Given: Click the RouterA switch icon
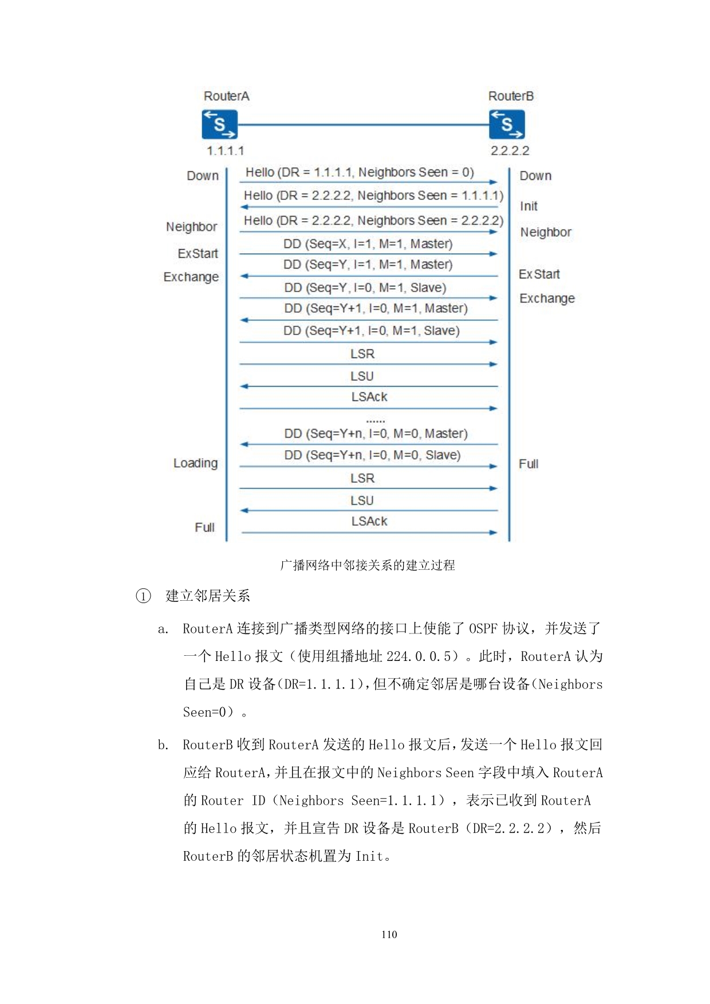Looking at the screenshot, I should [x=219, y=124].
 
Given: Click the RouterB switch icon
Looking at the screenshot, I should [x=507, y=124].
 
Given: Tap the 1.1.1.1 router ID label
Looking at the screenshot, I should [x=225, y=151].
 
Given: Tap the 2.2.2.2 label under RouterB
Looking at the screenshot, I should [x=510, y=151].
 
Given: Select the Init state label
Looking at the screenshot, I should [x=528, y=206].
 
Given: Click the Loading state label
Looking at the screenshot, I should [x=195, y=463].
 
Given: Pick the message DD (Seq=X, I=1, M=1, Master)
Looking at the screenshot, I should [x=368, y=244].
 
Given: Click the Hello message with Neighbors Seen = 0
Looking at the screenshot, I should [x=360, y=172].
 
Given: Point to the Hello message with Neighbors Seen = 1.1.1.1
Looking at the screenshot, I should [x=373, y=196].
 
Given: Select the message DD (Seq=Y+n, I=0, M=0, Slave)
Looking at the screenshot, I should [x=372, y=455].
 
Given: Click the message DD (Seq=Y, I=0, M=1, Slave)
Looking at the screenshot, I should [x=365, y=288].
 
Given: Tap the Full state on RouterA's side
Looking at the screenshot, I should [x=204, y=527].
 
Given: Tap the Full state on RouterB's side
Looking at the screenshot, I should [x=528, y=464].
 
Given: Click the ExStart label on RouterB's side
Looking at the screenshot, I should [x=539, y=274].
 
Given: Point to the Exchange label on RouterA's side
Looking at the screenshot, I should [x=191, y=277].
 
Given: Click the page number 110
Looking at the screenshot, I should [x=389, y=934].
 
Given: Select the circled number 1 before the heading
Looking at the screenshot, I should [x=143, y=596].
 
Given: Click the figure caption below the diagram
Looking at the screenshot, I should [x=368, y=565].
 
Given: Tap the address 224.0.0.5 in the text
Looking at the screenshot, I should [x=422, y=656].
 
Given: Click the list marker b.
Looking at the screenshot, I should [x=163, y=745].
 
